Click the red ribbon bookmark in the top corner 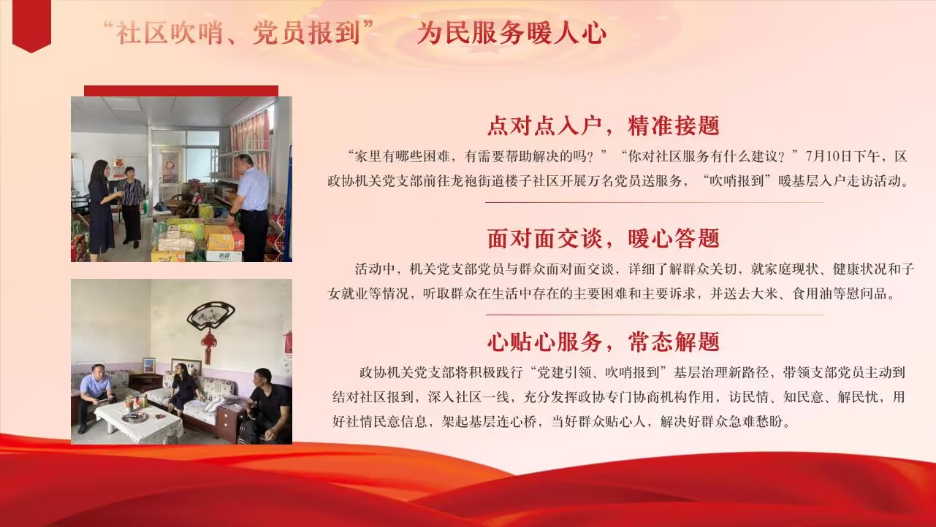[x=31, y=25]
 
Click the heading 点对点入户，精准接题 [x=604, y=126]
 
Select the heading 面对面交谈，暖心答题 [x=604, y=239]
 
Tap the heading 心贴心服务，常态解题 [x=604, y=342]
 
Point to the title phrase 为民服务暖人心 [x=512, y=33]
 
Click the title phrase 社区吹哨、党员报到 [x=238, y=33]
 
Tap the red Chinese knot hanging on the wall [x=208, y=346]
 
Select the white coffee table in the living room [x=139, y=420]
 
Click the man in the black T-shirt [x=268, y=406]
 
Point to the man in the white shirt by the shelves [x=249, y=207]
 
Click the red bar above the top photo [x=181, y=91]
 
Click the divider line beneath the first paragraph [x=655, y=202]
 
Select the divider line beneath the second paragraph [x=655, y=315]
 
